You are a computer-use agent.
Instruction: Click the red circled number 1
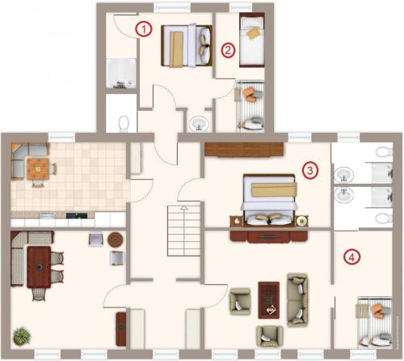pyautogui.click(x=144, y=29)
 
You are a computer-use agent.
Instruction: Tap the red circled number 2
pyautogui.click(x=228, y=50)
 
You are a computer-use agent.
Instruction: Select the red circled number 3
pyautogui.click(x=310, y=170)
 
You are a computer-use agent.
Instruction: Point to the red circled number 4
pyautogui.click(x=351, y=257)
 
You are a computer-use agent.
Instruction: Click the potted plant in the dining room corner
pyautogui.click(x=22, y=336)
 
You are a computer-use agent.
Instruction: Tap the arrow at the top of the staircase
pyautogui.click(x=184, y=207)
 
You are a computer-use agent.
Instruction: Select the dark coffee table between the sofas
pyautogui.click(x=269, y=300)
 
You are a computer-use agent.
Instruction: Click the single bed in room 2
pyautogui.click(x=252, y=40)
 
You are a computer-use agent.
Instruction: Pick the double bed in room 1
pyautogui.click(x=187, y=45)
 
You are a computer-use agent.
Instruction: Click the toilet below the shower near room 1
pyautogui.click(x=124, y=124)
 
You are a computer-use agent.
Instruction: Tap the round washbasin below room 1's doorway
pyautogui.click(x=199, y=124)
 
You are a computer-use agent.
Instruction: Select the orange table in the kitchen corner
pyautogui.click(x=38, y=169)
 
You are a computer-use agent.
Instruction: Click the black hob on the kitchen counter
pyautogui.click(x=77, y=215)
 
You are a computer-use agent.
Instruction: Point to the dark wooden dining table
pyautogui.click(x=39, y=267)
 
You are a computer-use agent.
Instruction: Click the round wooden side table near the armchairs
pyautogui.click(x=116, y=240)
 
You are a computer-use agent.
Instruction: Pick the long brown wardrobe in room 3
pyautogui.click(x=244, y=150)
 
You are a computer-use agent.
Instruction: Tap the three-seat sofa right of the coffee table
pyautogui.click(x=297, y=300)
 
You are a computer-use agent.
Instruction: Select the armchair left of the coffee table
pyautogui.click(x=240, y=301)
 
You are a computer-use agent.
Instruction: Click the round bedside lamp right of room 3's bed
pyautogui.click(x=301, y=221)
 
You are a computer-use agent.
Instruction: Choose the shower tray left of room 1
pyautogui.click(x=121, y=74)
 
